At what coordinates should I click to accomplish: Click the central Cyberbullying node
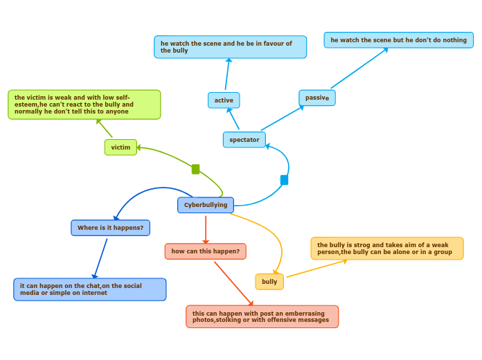click(x=206, y=205)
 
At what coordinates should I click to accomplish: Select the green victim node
click(x=120, y=147)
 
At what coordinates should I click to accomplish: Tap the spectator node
click(x=244, y=140)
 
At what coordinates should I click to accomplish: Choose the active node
click(x=224, y=100)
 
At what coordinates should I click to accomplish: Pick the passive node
click(x=317, y=98)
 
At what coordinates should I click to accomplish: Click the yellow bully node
click(x=269, y=282)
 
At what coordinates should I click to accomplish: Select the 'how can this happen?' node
click(x=206, y=251)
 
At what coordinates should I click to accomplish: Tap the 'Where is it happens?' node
click(x=111, y=228)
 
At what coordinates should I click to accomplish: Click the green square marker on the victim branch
click(x=195, y=169)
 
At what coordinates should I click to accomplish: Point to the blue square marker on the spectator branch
click(x=284, y=180)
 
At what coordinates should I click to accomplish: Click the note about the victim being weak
click(x=84, y=105)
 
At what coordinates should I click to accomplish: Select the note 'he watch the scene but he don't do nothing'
click(x=398, y=40)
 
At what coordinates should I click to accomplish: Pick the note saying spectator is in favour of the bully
click(x=230, y=47)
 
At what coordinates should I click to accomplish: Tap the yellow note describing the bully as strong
click(x=387, y=249)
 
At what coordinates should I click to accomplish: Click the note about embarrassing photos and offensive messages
click(x=262, y=316)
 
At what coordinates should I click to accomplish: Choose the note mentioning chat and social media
click(x=89, y=289)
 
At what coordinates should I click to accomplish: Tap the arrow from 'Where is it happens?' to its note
click(x=100, y=258)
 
